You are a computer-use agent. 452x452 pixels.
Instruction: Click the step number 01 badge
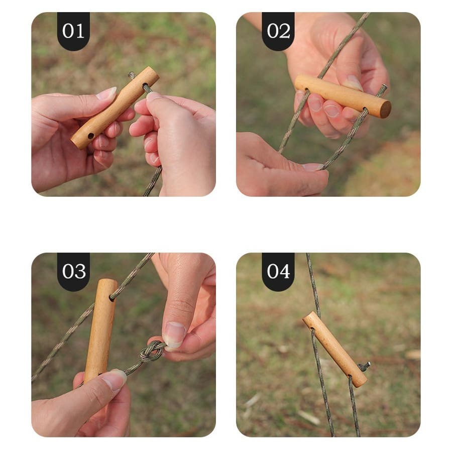[x=73, y=31]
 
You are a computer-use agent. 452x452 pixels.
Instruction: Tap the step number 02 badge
[x=278, y=31]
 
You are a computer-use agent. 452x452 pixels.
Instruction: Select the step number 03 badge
[x=73, y=272]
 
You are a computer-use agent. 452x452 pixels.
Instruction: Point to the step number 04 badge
[x=278, y=272]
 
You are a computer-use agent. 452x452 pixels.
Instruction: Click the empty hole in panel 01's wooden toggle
[x=91, y=136]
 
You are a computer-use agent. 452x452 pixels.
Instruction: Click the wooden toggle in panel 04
[x=334, y=349]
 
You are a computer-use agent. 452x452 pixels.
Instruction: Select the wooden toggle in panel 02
[x=343, y=96]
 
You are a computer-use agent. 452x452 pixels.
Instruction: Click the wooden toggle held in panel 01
[x=115, y=107]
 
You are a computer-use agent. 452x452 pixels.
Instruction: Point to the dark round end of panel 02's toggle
[x=385, y=109]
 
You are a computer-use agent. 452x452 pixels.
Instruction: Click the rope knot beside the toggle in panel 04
[x=364, y=367]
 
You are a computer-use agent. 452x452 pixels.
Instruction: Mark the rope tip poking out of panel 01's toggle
[x=132, y=75]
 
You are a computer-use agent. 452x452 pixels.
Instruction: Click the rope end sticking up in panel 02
[x=382, y=90]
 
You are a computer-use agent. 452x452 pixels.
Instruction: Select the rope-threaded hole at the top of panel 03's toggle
[x=111, y=298]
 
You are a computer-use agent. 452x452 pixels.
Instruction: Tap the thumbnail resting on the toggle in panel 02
[x=353, y=82]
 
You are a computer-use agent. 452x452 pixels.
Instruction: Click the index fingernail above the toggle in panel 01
[x=106, y=93]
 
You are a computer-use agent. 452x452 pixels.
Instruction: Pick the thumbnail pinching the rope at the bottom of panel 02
[x=313, y=167]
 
